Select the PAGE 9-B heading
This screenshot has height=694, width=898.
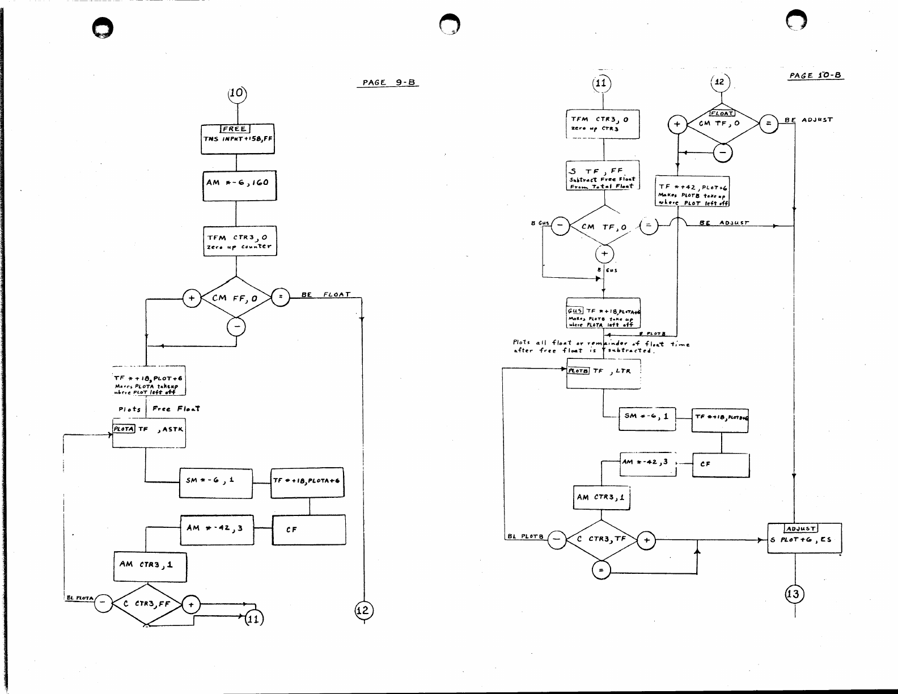(389, 82)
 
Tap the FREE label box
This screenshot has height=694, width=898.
(235, 129)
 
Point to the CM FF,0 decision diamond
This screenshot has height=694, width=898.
(236, 298)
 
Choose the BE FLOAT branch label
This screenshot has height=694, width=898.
(326, 294)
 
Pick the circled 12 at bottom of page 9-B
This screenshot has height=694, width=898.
(363, 610)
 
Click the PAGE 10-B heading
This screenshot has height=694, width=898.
(816, 75)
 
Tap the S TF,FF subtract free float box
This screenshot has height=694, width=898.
(603, 175)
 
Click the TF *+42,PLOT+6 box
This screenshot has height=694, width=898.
(693, 191)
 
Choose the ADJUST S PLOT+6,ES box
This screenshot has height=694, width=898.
(804, 538)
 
